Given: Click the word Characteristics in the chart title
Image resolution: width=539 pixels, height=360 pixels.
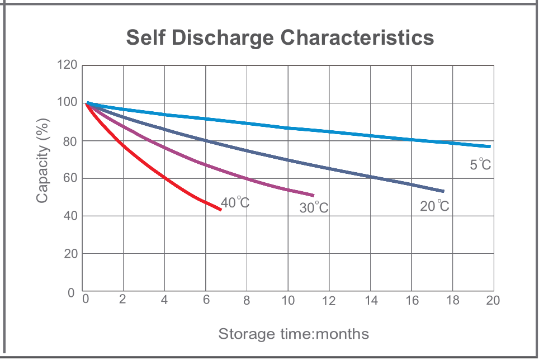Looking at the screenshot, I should tap(357, 38).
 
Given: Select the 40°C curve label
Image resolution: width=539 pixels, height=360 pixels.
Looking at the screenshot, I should tap(235, 203).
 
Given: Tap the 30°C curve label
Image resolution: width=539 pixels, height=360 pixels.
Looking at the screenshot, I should tap(314, 208).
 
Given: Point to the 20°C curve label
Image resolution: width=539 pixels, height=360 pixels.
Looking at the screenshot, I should tap(434, 206).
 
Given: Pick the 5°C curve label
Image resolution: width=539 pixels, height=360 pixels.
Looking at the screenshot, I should tap(480, 165).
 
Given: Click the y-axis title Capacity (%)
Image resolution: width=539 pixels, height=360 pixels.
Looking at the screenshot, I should tap(42, 160).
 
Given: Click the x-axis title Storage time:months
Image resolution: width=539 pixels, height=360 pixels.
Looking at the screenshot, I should tap(294, 334).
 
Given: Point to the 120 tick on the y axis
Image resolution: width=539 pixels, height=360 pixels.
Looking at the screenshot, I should tap(67, 65).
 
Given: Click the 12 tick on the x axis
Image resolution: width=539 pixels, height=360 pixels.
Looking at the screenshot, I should tap(329, 301).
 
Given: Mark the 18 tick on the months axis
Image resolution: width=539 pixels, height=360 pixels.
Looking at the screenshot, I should tap(452, 300).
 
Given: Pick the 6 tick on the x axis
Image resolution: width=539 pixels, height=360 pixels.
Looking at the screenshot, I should tap(206, 300).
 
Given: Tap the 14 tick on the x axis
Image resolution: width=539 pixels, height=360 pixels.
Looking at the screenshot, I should tap(371, 301).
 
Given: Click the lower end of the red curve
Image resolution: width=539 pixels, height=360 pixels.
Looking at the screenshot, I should tap(220, 210).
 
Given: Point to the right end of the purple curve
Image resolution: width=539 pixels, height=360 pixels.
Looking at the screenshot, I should tap(313, 195).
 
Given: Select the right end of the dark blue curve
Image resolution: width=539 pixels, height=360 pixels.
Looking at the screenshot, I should tap(443, 191).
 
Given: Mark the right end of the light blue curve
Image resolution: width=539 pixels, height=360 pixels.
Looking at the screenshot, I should tap(490, 146).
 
